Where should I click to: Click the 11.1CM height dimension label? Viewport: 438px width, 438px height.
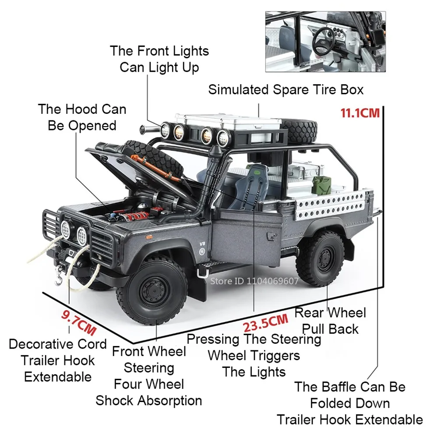click(360, 113)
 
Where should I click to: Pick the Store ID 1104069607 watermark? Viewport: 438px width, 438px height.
click(254, 281)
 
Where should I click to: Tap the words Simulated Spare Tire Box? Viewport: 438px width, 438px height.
click(286, 90)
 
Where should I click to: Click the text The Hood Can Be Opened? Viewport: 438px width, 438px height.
click(82, 117)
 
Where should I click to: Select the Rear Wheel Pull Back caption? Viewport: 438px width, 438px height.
click(330, 321)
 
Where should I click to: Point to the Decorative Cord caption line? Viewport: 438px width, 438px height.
click(57, 344)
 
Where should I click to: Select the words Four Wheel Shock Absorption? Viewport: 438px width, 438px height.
click(149, 392)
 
